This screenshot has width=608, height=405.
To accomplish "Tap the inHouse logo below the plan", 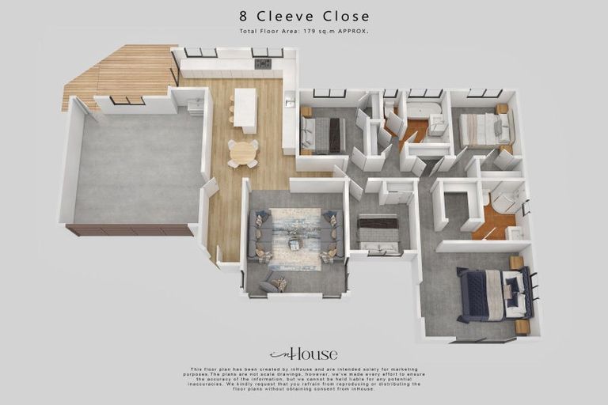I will pos(303,354).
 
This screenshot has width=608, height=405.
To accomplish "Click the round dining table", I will pos(242,151).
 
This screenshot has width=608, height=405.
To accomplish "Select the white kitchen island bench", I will pos(245,109).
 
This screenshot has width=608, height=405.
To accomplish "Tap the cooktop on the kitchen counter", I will pos(262,63).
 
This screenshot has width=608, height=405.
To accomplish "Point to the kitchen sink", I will pos(290,103).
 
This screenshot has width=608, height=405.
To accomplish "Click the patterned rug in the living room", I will pos(294,238).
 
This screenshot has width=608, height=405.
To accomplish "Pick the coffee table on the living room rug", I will pos(294,243).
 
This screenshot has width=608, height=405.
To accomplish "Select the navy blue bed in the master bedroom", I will pos(488,294).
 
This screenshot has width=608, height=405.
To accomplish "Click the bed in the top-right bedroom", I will pos(484,129).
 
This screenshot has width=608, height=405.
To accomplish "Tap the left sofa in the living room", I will pos(260,236).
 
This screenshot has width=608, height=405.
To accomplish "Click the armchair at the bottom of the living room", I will pos(274,282).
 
